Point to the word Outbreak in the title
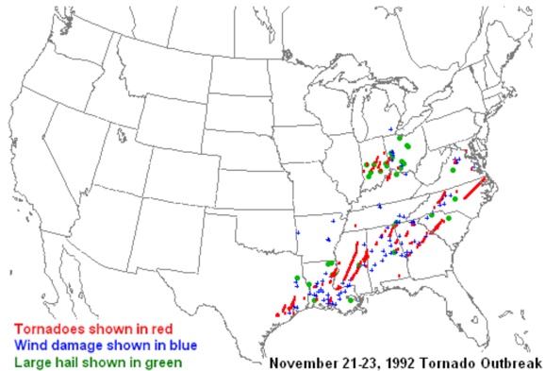point(509,363)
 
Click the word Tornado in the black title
point(447,363)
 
